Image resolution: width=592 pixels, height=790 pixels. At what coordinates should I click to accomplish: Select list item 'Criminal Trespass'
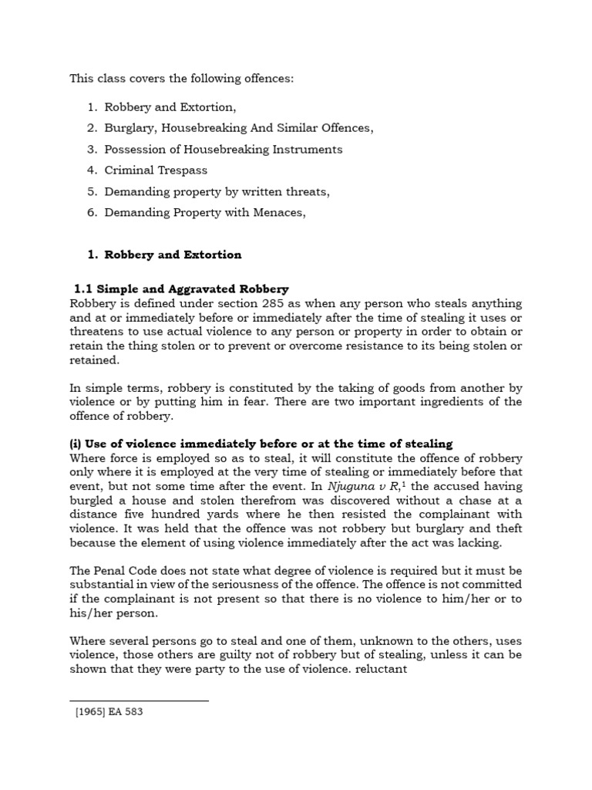point(156,170)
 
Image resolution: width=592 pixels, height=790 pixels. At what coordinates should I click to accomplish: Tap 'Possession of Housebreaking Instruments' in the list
point(224,150)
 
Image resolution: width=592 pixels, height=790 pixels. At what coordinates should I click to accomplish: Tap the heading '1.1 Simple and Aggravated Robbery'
point(180,289)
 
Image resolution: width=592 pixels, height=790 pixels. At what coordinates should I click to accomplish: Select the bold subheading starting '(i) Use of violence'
point(261,444)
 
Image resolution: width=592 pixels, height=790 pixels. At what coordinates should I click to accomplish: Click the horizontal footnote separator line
point(140,701)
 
